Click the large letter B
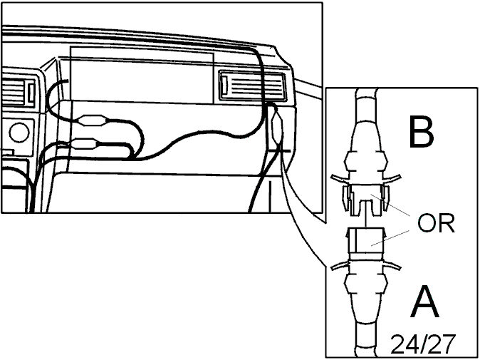(421, 131)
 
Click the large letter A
(424, 301)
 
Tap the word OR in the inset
(436, 223)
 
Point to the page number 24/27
(423, 344)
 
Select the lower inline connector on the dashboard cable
(85, 143)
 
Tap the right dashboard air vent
(253, 86)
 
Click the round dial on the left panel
(19, 133)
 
